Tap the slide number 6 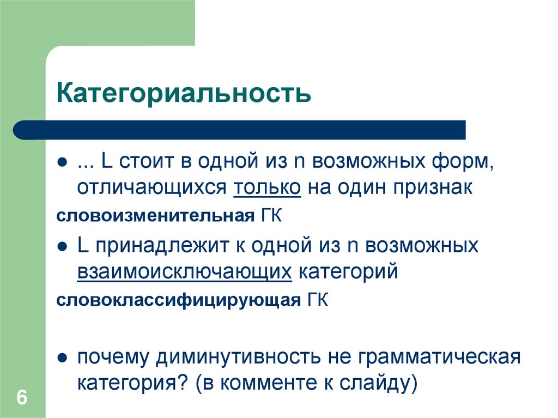[22, 397]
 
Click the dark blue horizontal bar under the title [240, 130]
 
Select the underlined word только [268, 187]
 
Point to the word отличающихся [151, 187]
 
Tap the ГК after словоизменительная [268, 216]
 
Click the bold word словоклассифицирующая [178, 300]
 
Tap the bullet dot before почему [63, 358]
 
